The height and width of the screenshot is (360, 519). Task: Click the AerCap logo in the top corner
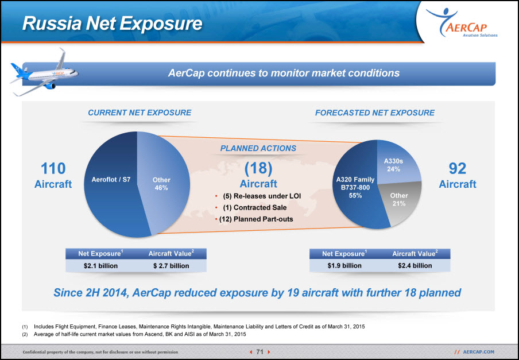click(462, 23)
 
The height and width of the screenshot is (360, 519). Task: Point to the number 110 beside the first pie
click(53, 168)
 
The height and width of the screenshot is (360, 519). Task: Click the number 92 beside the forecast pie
click(458, 168)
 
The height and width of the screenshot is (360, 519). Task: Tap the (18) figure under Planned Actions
click(258, 168)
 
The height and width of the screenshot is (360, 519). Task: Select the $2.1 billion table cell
click(100, 266)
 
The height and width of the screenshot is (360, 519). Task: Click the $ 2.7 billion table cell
click(171, 266)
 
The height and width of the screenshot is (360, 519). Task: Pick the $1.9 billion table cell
click(344, 266)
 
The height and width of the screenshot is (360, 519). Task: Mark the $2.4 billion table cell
click(415, 266)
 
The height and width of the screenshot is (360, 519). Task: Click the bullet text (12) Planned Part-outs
click(256, 219)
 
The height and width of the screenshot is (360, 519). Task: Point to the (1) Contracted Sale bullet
click(255, 207)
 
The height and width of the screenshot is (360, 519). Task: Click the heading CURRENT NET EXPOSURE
click(140, 113)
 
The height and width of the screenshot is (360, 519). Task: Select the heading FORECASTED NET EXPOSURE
click(375, 113)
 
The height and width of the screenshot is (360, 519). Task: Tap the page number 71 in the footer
click(260, 352)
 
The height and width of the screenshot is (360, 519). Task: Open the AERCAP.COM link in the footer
click(479, 352)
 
